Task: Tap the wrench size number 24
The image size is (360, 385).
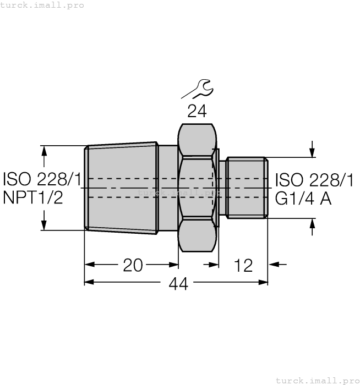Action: pyautogui.click(x=197, y=111)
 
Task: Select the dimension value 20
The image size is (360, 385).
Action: pyautogui.click(x=132, y=265)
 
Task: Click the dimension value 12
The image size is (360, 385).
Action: pyautogui.click(x=243, y=265)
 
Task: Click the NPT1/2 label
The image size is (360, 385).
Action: pyautogui.click(x=33, y=197)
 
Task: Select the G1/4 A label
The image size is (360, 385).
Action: pyautogui.click(x=303, y=198)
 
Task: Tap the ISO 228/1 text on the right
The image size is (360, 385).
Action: pyautogui.click(x=314, y=180)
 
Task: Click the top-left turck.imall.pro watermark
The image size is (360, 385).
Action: pyautogui.click(x=42, y=5)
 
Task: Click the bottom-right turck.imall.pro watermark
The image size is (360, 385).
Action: pyautogui.click(x=317, y=380)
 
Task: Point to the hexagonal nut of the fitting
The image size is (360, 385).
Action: pyautogui.click(x=197, y=187)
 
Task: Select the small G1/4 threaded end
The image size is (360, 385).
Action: pyautogui.click(x=247, y=187)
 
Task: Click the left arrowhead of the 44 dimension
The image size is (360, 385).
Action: pyautogui.click(x=89, y=282)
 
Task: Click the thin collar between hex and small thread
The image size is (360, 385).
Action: pyautogui.click(x=222, y=187)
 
